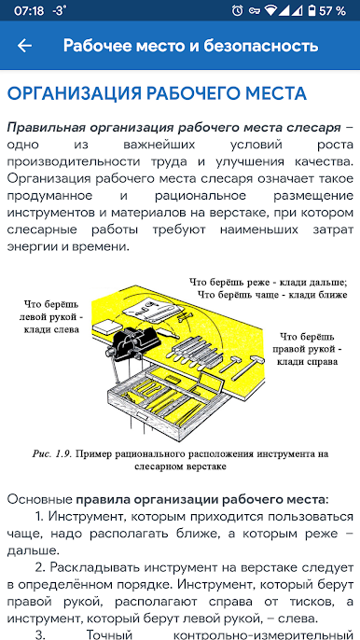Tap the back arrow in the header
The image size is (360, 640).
[24, 46]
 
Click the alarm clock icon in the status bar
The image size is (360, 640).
[237, 10]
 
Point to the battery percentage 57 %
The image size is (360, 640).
[332, 11]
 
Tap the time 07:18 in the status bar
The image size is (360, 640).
[29, 11]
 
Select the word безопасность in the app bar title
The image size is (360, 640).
[261, 46]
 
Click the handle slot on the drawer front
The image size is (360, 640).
[143, 415]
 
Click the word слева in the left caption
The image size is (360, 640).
[65, 329]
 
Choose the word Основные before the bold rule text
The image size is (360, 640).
[40, 499]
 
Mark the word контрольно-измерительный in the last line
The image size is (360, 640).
[264, 635]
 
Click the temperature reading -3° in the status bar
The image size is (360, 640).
[60, 10]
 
